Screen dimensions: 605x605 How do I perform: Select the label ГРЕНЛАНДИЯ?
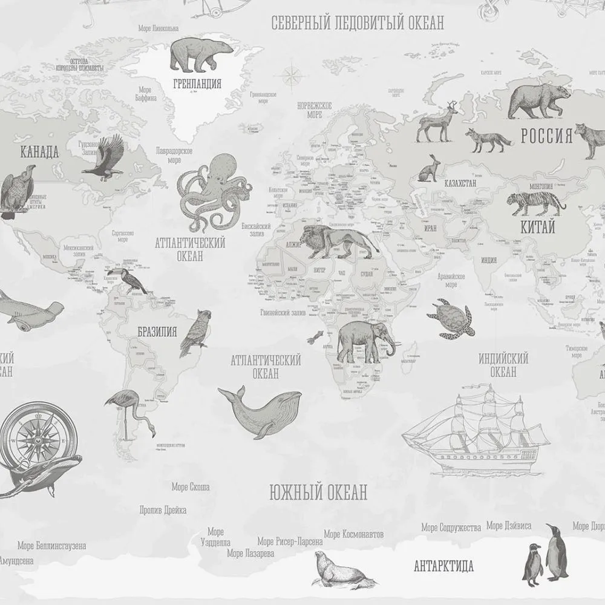(x=197, y=84)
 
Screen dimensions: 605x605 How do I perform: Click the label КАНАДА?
(x=39, y=152)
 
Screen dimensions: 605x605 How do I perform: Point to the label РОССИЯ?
(x=546, y=136)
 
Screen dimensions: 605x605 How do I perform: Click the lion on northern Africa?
(x=334, y=241)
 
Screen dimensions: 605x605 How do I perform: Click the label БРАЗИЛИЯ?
(x=157, y=332)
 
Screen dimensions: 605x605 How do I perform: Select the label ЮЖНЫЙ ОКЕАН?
(x=318, y=492)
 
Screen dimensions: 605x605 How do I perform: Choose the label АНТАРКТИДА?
(x=443, y=567)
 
